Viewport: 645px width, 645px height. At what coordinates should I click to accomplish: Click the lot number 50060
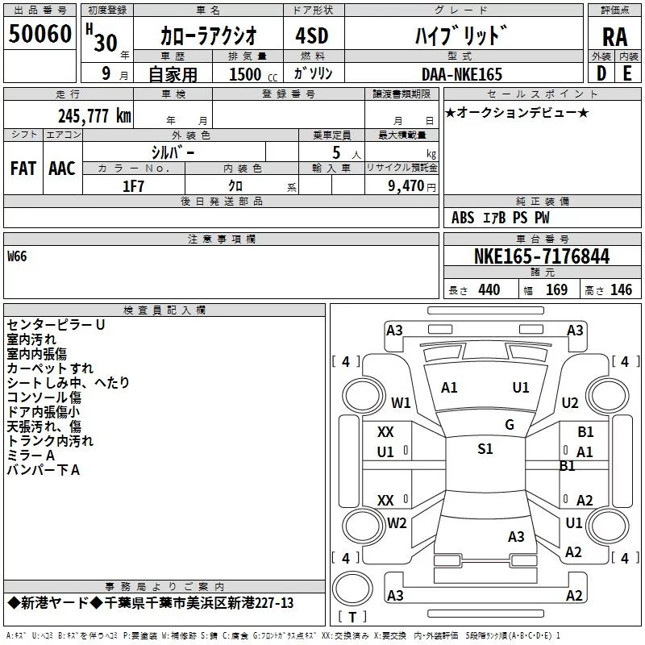40,34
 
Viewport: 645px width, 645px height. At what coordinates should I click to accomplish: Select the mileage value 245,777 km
94,115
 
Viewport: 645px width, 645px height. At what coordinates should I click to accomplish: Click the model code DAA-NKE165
462,74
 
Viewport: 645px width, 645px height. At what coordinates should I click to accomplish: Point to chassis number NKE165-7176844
542,256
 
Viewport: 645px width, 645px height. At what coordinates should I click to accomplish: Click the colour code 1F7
133,186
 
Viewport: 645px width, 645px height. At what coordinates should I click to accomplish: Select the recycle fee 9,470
401,186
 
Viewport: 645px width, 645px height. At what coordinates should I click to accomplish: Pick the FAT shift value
23,168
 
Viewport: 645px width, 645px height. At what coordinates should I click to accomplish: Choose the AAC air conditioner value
62,168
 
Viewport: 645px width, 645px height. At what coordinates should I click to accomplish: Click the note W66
17,257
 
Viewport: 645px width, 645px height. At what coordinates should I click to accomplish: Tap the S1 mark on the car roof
485,449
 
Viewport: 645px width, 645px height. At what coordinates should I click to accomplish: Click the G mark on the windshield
510,425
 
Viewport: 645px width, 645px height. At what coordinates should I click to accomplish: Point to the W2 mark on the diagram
397,522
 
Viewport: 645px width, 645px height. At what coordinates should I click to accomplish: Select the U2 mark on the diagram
570,402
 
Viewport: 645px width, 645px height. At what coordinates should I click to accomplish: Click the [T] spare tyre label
352,618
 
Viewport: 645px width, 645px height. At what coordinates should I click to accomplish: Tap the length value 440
489,290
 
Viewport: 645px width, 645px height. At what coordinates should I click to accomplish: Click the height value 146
621,290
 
